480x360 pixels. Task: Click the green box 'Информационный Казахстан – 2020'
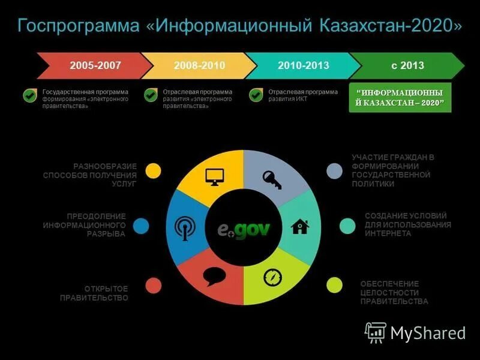coord(400,98)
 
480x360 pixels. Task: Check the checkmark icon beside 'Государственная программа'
coord(29,95)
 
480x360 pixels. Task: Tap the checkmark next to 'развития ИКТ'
coord(256,95)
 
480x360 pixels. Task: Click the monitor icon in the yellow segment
coord(214,176)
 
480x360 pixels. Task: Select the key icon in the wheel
coord(271,179)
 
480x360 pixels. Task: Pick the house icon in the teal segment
coord(299,227)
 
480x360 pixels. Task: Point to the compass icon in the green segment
coord(272,277)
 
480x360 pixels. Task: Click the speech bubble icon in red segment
coord(214,276)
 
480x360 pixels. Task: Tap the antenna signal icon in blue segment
coord(185,227)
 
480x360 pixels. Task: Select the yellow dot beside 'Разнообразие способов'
coord(154,170)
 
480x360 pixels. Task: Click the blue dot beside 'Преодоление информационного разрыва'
coord(141,226)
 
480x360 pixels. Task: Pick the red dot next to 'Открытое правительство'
coord(154,286)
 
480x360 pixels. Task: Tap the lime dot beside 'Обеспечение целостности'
coord(334,286)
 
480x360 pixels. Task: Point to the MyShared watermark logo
coord(415,332)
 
